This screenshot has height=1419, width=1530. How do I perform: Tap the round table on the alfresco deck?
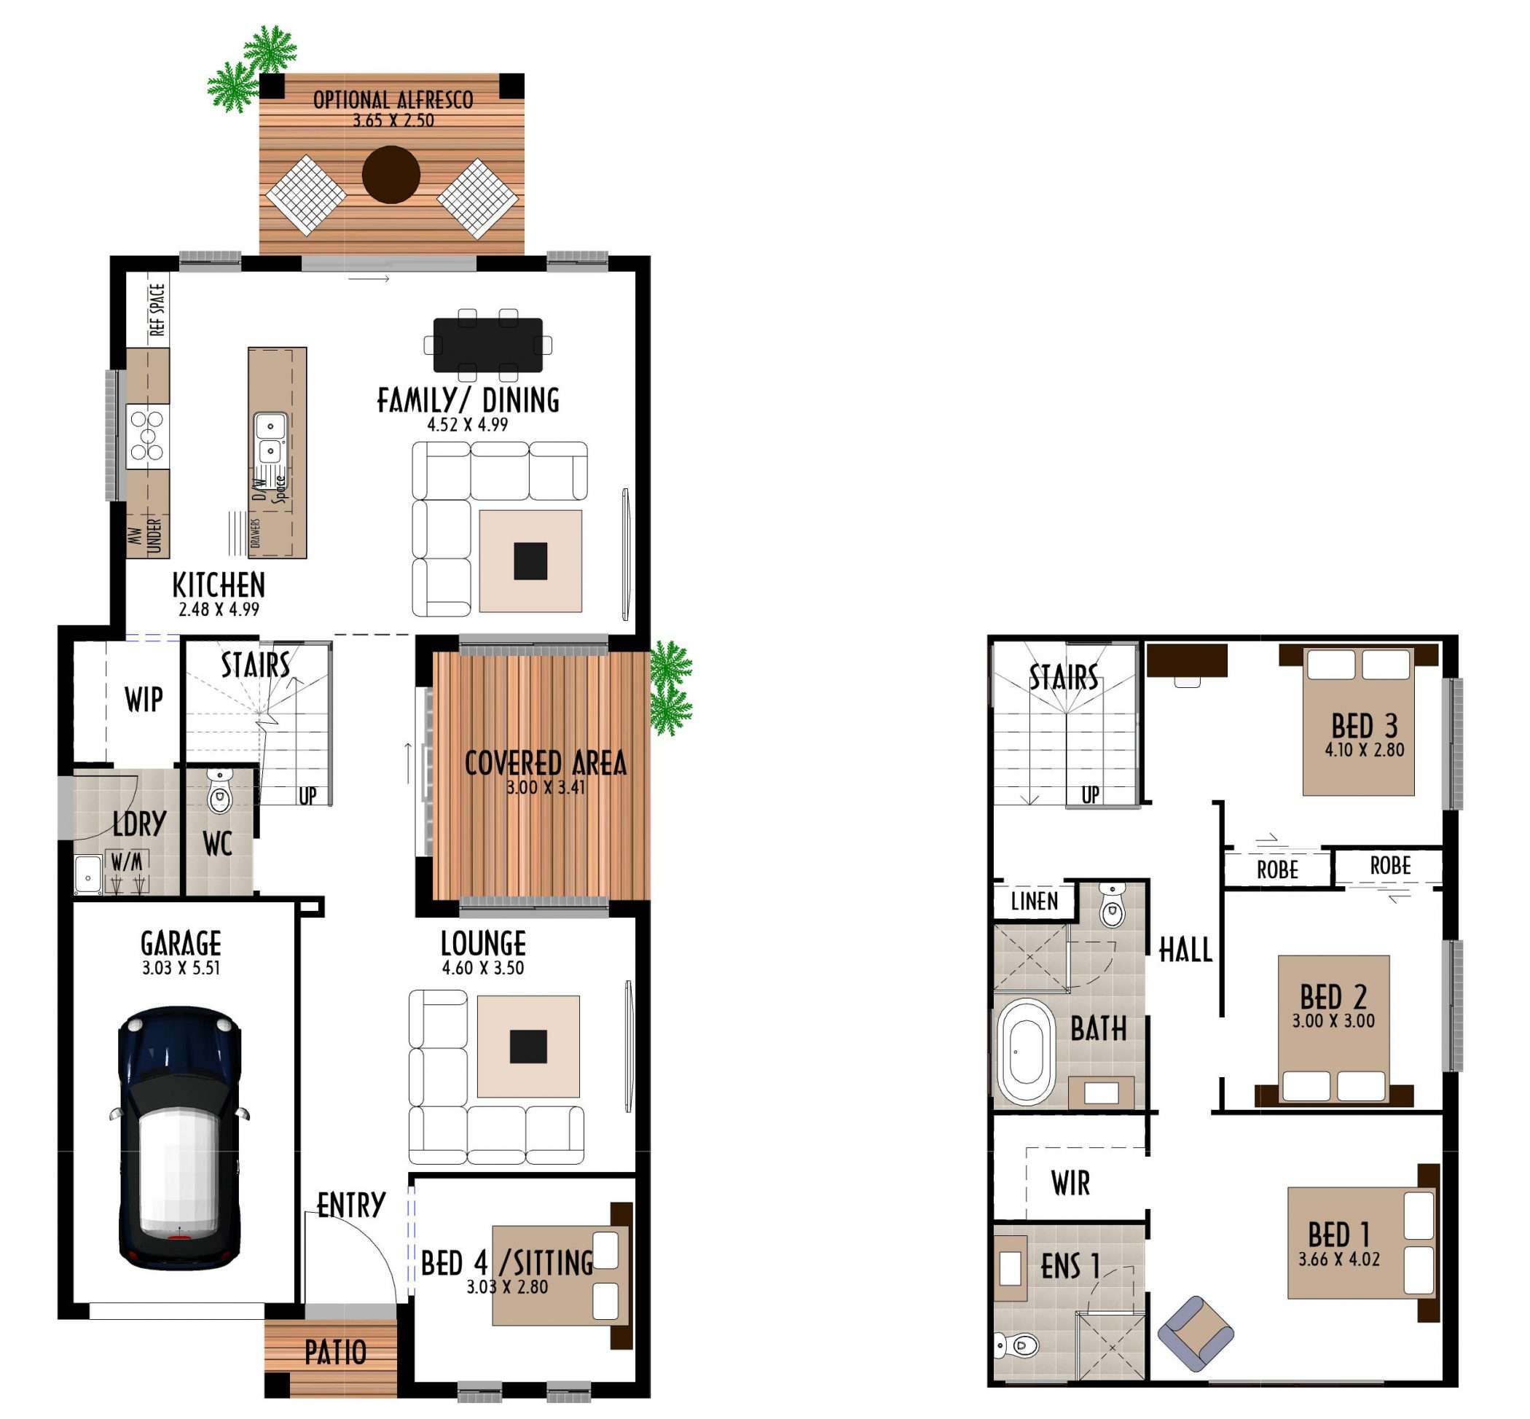pos(391,174)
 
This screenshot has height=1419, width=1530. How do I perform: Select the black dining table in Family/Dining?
pos(487,345)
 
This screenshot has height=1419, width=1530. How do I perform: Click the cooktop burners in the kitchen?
pos(146,435)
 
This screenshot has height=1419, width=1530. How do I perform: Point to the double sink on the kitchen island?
pos(270,439)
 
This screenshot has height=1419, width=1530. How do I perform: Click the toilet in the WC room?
pos(219,791)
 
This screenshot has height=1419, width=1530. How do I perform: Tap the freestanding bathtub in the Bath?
pos(1024,1051)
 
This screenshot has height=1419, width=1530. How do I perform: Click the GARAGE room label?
pos(181,943)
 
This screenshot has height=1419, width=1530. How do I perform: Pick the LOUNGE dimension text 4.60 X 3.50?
pos(483,969)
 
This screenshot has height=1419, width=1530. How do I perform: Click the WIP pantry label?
pos(144,700)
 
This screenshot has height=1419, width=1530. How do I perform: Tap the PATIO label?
pos(335,1352)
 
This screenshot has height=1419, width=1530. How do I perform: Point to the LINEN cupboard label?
pos(1034,901)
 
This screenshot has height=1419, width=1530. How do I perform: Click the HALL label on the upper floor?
pos(1185,950)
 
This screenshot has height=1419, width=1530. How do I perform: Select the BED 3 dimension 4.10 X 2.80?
pos(1364,750)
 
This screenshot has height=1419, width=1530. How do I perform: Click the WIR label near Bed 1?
pos(1070,1184)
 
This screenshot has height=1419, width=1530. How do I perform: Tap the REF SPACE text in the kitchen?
pos(157,310)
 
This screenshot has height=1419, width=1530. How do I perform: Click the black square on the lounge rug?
pos(528,1046)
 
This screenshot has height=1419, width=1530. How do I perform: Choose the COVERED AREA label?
pos(545,763)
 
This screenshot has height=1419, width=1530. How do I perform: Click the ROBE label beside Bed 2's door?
pos(1390,866)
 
